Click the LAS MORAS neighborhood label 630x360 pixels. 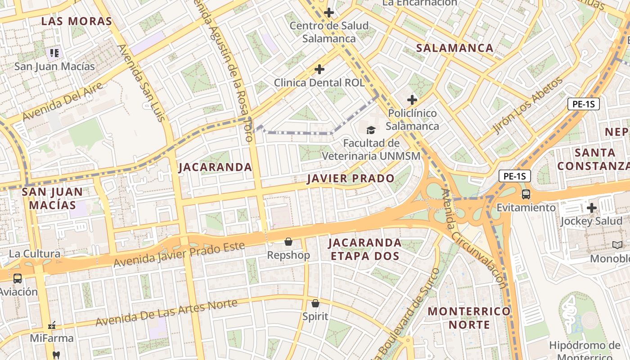76,21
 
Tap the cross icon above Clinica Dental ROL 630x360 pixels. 319,69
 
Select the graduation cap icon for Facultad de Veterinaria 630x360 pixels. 371,130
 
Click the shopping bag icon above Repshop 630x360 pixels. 288,242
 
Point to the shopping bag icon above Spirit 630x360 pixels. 315,303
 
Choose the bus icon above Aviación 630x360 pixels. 18,279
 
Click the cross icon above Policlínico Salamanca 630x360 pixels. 412,100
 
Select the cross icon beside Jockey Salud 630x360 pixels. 592,208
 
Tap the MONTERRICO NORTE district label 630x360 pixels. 469,318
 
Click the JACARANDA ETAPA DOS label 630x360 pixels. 364,249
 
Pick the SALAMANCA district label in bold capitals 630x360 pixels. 454,48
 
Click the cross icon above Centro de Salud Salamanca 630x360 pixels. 329,13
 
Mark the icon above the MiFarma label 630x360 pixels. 52,325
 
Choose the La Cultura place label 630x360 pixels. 35,254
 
